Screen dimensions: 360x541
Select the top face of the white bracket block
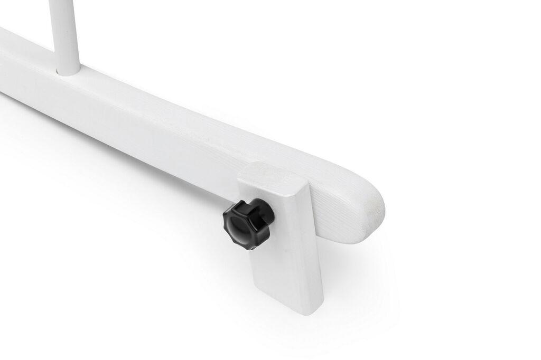tap(272, 175)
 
